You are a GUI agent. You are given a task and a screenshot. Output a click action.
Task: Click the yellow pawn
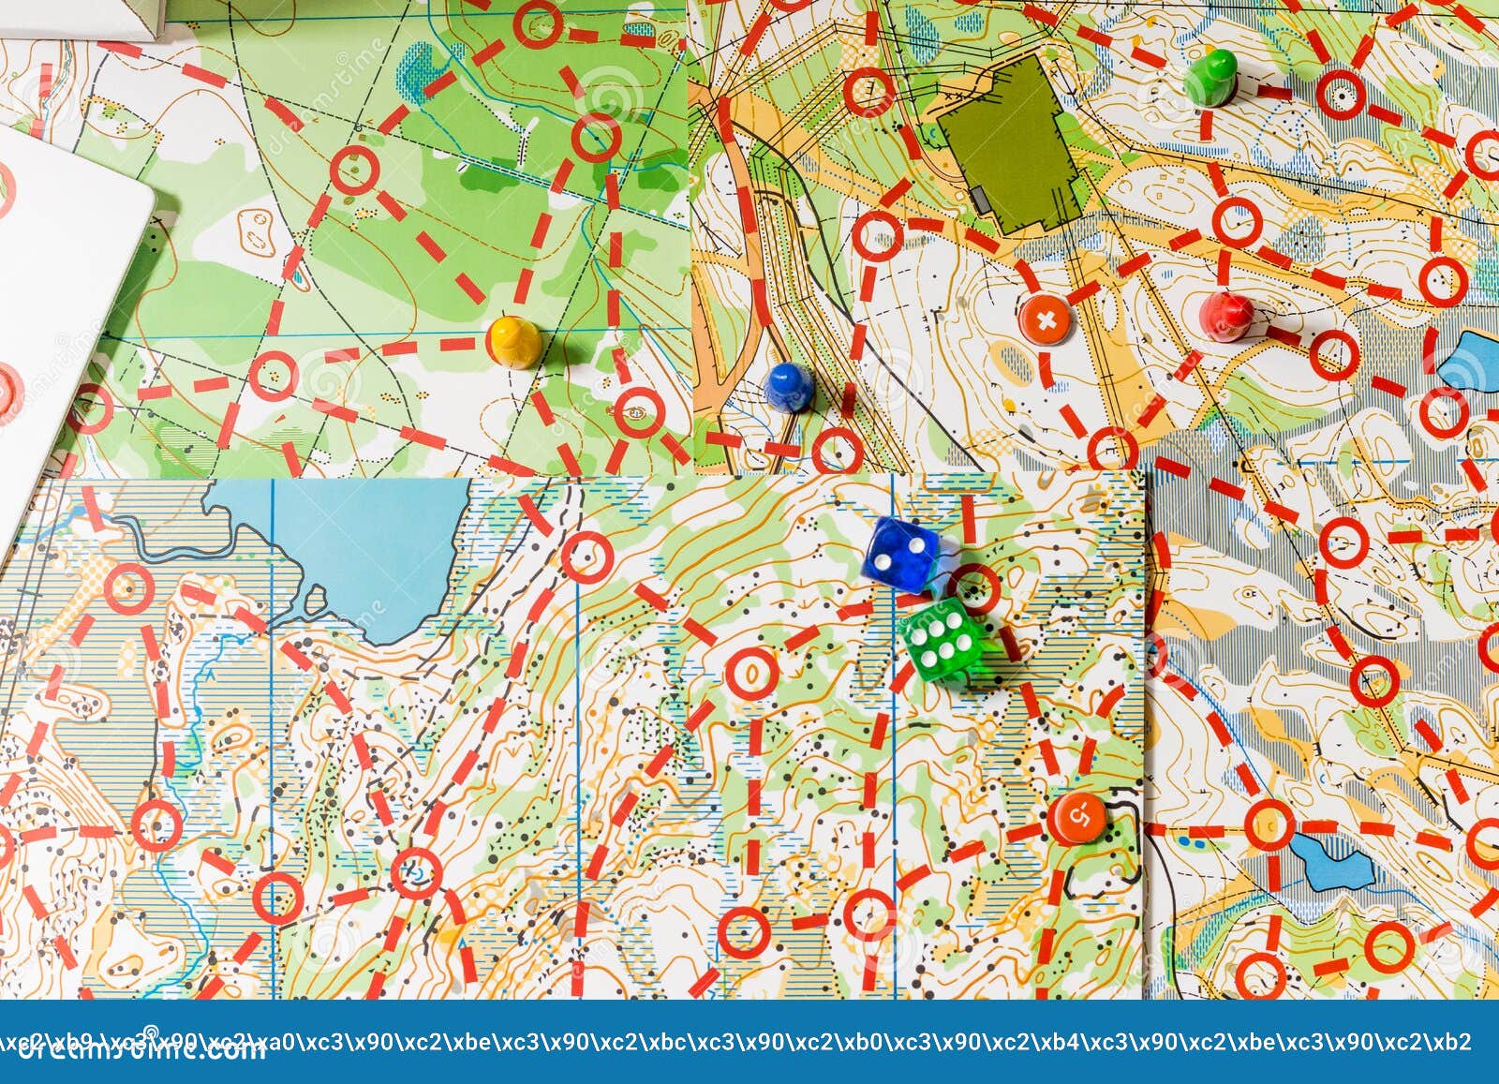pyautogui.click(x=514, y=341)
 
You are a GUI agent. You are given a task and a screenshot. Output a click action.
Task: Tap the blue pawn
pyautogui.click(x=789, y=385)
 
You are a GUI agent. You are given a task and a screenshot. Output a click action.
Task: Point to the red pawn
pyautogui.click(x=1225, y=316)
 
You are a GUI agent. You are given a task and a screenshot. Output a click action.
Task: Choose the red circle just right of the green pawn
pyautogui.click(x=1341, y=94)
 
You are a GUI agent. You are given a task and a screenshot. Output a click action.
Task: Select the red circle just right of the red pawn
pyautogui.click(x=1333, y=355)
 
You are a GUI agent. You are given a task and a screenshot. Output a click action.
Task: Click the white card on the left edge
pyautogui.click(x=66, y=309)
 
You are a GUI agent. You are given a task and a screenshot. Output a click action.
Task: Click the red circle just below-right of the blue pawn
pyautogui.click(x=837, y=451)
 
